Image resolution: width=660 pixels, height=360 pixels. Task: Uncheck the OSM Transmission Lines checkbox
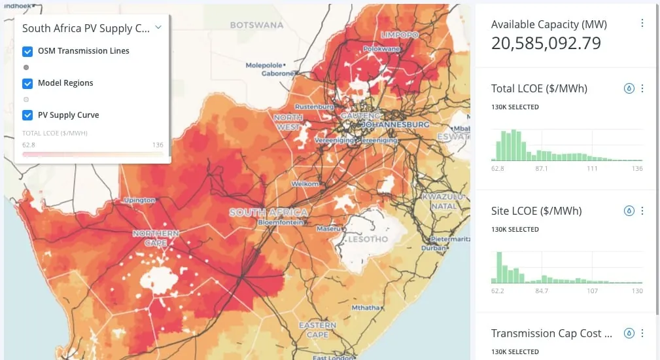pos(27,51)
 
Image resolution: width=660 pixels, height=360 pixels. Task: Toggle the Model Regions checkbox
pos(27,83)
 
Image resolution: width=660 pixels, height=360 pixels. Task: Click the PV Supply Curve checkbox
pos(27,115)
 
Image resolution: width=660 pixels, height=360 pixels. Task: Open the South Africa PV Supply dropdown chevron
pos(158,28)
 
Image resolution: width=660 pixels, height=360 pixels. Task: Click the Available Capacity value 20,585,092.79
pos(546,44)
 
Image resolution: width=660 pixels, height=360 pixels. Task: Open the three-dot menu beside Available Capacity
pos(642,24)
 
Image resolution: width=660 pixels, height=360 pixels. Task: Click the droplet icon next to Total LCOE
pos(629,88)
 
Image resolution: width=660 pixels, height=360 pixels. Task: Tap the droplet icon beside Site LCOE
pos(629,211)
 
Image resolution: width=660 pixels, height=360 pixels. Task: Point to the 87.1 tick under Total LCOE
pos(541,169)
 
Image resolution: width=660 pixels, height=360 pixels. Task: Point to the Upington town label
pos(139,200)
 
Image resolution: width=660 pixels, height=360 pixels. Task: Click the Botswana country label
pos(256,25)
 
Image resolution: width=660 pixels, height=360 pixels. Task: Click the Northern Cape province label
pos(156,238)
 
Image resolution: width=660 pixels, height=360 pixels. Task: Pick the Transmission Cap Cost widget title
pos(551,333)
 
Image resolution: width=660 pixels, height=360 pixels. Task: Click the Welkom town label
pos(305,184)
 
